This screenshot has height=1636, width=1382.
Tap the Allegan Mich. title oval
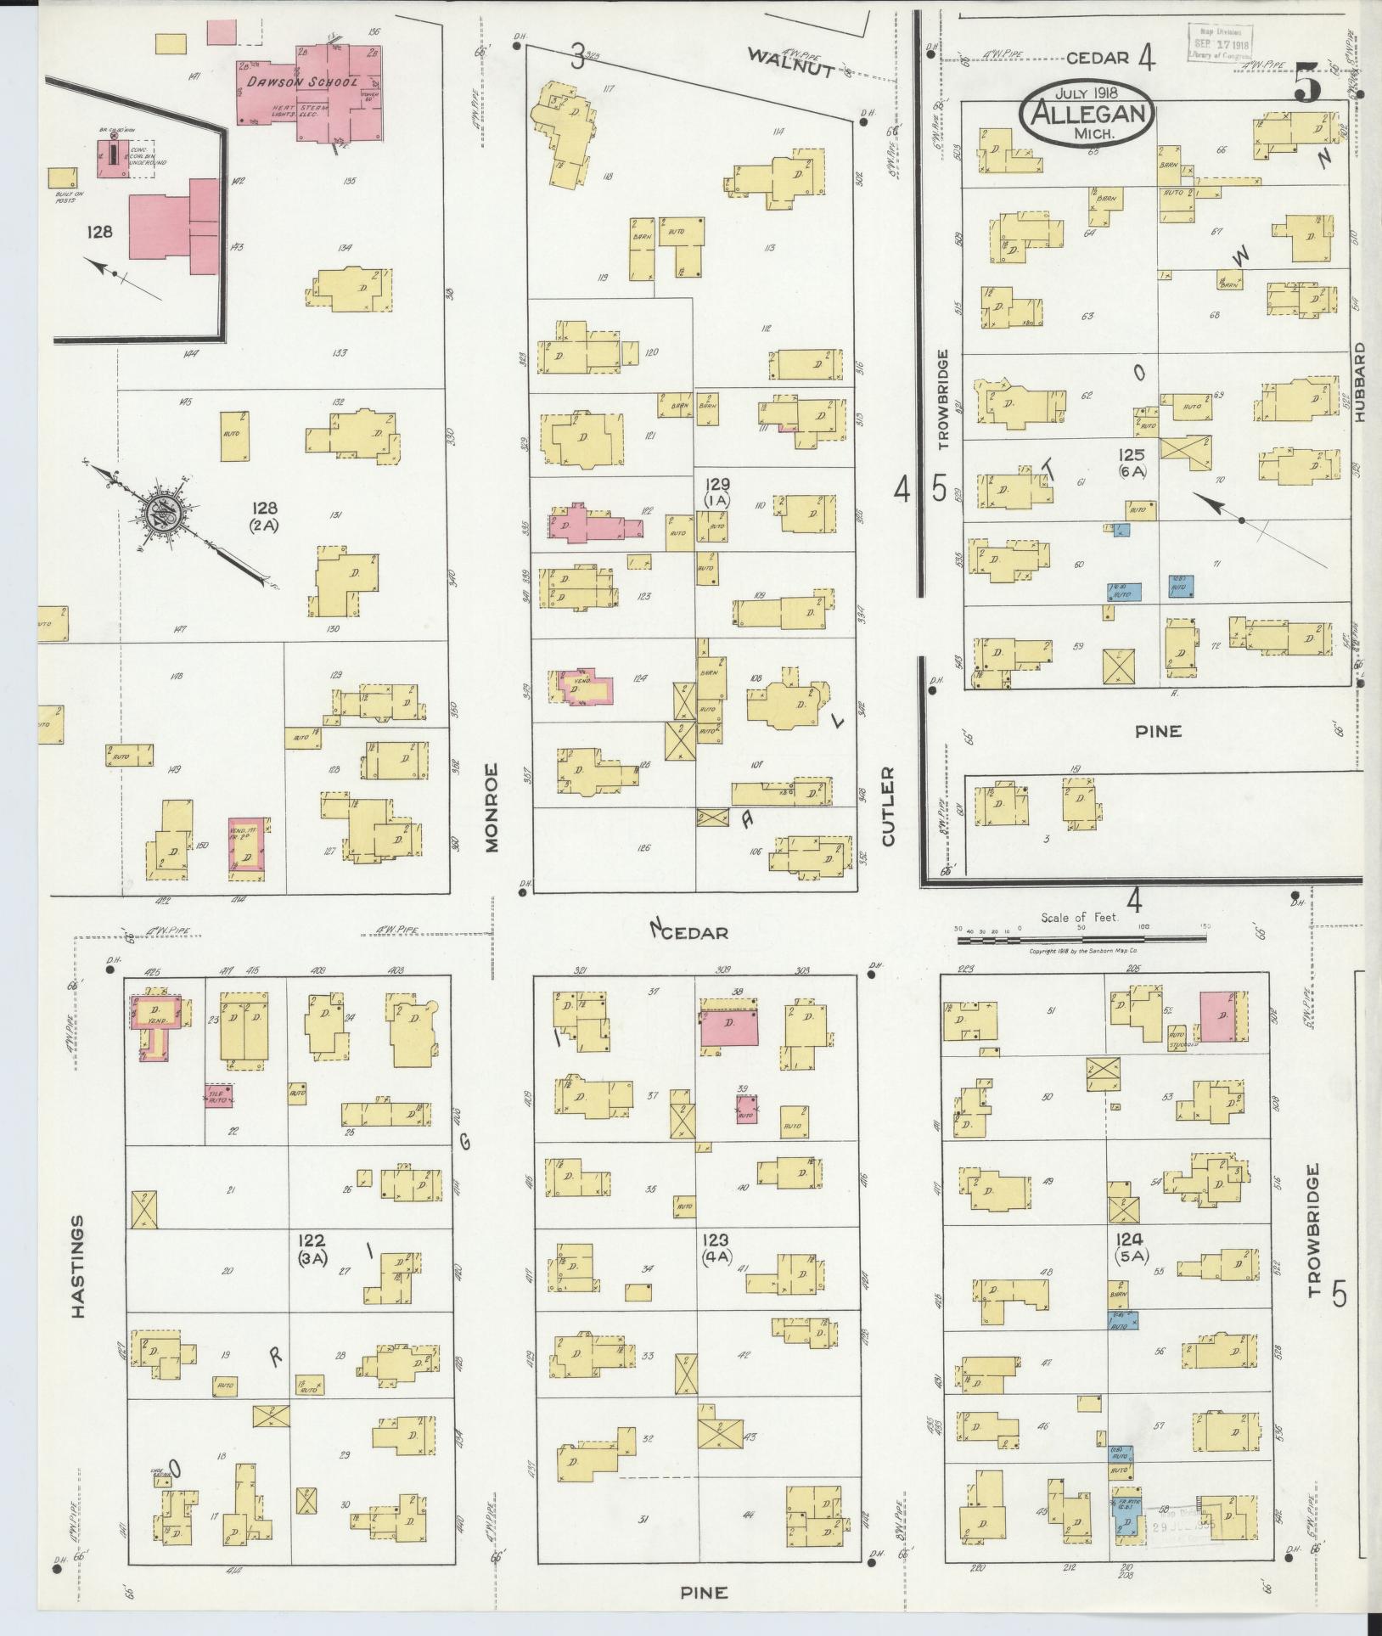[x=1090, y=115]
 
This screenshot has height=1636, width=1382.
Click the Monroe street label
[x=494, y=807]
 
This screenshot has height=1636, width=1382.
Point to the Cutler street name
[x=888, y=806]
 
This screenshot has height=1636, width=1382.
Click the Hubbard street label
[x=1361, y=381]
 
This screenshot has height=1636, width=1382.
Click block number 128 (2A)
[x=264, y=515]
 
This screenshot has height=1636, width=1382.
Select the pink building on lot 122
[x=594, y=524]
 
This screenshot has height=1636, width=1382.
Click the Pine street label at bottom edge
[x=705, y=1593]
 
